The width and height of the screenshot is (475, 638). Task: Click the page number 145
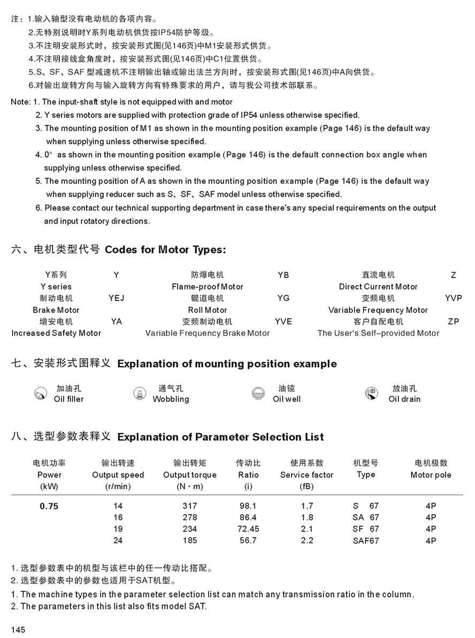(x=18, y=629)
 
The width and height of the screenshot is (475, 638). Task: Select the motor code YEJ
(x=116, y=298)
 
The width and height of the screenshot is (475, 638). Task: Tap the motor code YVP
(x=453, y=298)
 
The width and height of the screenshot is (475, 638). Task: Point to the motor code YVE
(x=283, y=321)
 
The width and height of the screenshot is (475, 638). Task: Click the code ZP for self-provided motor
(x=453, y=321)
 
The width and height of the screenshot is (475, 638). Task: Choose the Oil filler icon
(x=40, y=394)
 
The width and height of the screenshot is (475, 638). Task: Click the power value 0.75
(x=49, y=506)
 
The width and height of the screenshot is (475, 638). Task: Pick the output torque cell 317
(x=189, y=506)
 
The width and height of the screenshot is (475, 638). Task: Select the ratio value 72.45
(x=248, y=529)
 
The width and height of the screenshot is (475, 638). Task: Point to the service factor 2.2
(x=307, y=541)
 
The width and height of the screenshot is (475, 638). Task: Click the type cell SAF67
(x=366, y=541)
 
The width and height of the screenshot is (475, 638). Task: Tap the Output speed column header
(x=118, y=475)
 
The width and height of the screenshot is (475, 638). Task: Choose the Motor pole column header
(x=431, y=475)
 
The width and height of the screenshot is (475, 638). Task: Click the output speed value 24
(x=118, y=541)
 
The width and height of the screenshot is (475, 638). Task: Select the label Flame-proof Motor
(x=207, y=287)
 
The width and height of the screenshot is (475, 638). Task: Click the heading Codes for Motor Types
(x=165, y=250)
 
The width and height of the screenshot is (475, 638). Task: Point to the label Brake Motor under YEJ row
(x=56, y=310)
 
